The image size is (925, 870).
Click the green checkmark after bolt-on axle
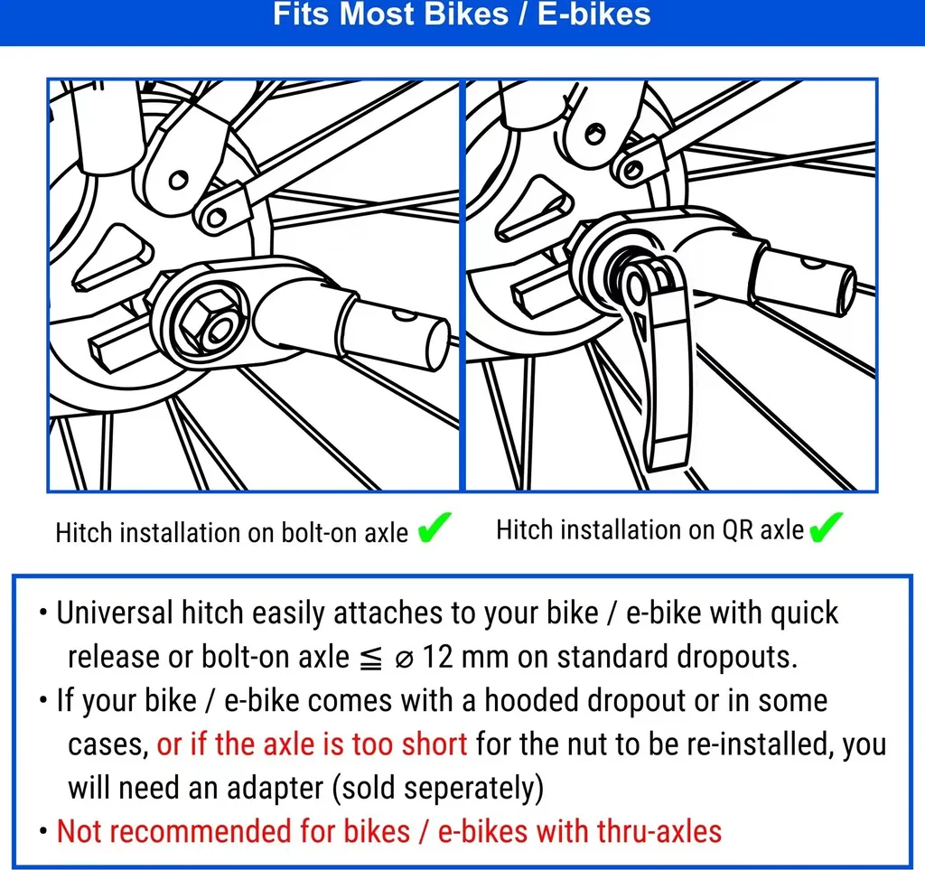[x=434, y=528]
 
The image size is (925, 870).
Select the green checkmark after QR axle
[x=826, y=528]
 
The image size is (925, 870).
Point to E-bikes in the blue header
[x=594, y=14]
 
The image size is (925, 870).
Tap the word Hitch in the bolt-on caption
[x=84, y=533]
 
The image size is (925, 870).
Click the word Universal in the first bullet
[x=115, y=613]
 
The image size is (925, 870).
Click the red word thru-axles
[x=659, y=832]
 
